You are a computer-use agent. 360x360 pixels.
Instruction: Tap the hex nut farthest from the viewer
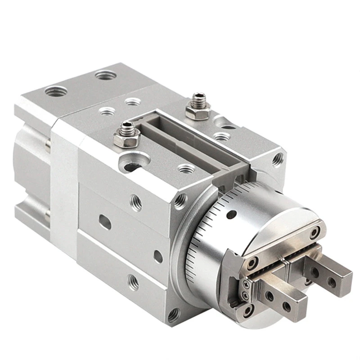click(197, 108)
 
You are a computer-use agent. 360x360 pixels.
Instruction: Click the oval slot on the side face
click(105, 222)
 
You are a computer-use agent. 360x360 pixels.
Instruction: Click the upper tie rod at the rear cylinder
click(47, 144)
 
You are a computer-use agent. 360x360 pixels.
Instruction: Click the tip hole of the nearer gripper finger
click(287, 306)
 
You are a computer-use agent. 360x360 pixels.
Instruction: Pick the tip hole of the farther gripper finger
click(332, 282)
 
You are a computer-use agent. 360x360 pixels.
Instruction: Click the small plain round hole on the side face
click(158, 256)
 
